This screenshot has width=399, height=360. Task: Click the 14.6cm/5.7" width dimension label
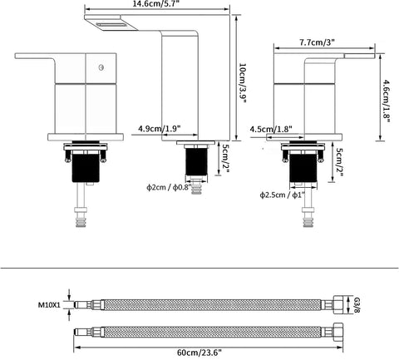pyautogui.click(x=157, y=3)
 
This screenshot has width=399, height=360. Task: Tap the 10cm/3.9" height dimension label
pyautogui.click(x=242, y=83)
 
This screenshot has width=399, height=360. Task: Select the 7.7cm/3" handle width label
pyautogui.click(x=318, y=42)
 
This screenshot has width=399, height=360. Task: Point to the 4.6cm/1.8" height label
pyautogui.click(x=386, y=101)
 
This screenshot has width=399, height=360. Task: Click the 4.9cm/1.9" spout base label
pyautogui.click(x=160, y=129)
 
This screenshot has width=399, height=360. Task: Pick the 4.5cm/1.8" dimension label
pyautogui.click(x=271, y=129)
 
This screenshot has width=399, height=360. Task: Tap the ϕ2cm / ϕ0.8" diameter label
pyautogui.click(x=169, y=188)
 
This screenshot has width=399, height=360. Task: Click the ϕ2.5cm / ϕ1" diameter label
pyautogui.click(x=283, y=195)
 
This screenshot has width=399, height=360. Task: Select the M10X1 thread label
pyautogui.click(x=49, y=305)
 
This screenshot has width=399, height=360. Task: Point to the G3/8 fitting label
pyautogui.click(x=357, y=304)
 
